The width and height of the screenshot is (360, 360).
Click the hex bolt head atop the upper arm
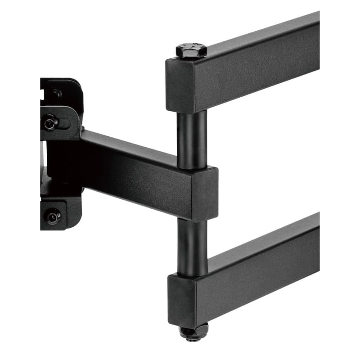click(x=191, y=50)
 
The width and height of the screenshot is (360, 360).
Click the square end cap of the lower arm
click(x=183, y=299)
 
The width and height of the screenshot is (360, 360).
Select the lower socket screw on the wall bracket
click(x=53, y=217)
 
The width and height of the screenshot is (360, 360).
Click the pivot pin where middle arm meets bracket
click(x=82, y=130)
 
